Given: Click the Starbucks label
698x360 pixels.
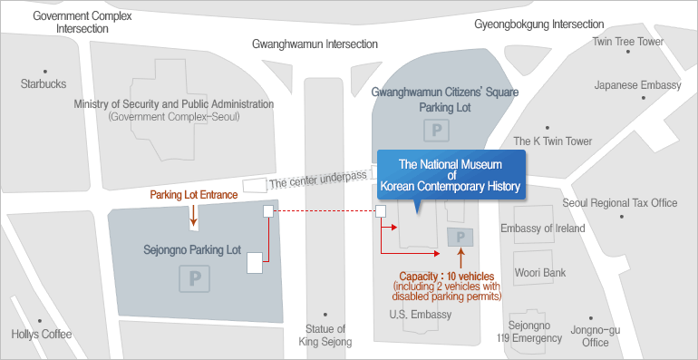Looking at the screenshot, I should tap(43, 83).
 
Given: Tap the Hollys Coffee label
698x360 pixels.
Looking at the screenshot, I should tap(41, 334).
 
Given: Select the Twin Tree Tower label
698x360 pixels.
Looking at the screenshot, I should tap(627, 42).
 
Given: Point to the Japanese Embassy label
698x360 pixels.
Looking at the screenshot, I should tap(637, 84).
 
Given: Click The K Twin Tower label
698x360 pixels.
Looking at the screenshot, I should tap(552, 141).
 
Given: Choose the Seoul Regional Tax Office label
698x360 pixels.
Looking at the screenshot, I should tap(620, 203).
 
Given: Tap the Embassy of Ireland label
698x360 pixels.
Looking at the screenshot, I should tap(542, 229).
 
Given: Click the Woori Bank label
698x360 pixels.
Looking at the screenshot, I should tap(539, 272).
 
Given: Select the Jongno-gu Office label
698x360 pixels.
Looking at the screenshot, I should tap(596, 336).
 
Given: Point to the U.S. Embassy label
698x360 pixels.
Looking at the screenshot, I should tap(419, 315).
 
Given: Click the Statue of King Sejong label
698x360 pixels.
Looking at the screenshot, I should tap(325, 335).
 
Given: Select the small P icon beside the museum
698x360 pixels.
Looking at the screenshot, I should tap(460, 238).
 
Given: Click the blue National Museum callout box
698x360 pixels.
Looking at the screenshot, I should tap(451, 175).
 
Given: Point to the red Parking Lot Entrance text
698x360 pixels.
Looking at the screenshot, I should tap(193, 194).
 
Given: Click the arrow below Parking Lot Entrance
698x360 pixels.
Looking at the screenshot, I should tap(193, 215).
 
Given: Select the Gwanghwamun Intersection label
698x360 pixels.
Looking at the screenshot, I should tap(315, 44).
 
